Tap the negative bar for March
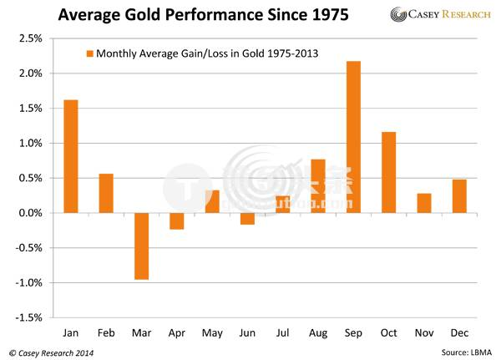141,246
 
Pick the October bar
388,172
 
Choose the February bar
106,193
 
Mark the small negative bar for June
247,219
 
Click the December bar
459,196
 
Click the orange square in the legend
89,54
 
